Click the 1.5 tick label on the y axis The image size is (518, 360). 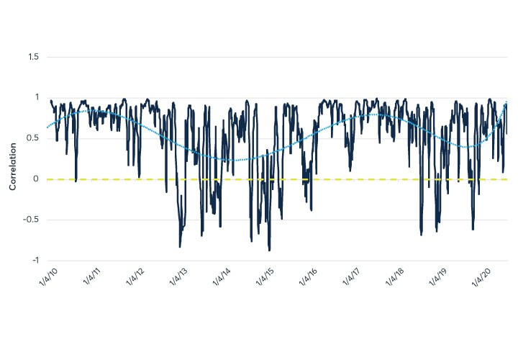click(x=33, y=57)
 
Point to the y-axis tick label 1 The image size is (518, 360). click(x=37, y=98)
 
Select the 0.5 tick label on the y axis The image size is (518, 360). click(x=33, y=138)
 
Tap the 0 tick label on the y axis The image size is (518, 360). click(x=37, y=179)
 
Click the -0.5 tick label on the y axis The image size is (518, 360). click(x=32, y=220)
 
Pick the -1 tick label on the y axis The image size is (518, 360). click(x=35, y=261)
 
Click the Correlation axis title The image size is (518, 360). click(x=12, y=159)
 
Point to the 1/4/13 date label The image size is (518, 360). click(x=178, y=276)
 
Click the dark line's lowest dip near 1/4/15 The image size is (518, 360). click(x=269, y=250)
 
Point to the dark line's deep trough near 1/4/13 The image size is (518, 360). click(x=180, y=247)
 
